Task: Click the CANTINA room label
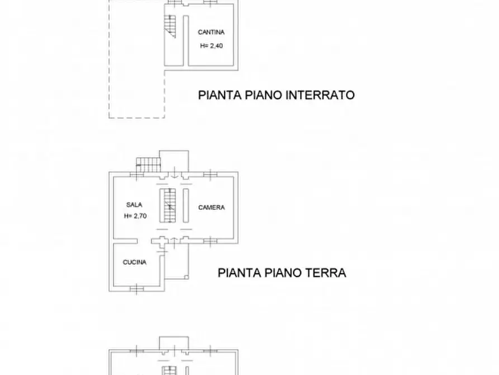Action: pyautogui.click(x=211, y=32)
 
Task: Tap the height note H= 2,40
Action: pyautogui.click(x=211, y=46)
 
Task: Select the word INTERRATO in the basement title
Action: pyautogui.click(x=320, y=95)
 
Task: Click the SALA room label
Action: pyautogui.click(x=132, y=205)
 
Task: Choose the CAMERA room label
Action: pyautogui.click(x=212, y=208)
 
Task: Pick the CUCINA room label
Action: pyautogui.click(x=135, y=262)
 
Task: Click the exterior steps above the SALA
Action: pyautogui.click(x=149, y=163)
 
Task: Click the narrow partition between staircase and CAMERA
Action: pyautogui.click(x=185, y=205)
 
